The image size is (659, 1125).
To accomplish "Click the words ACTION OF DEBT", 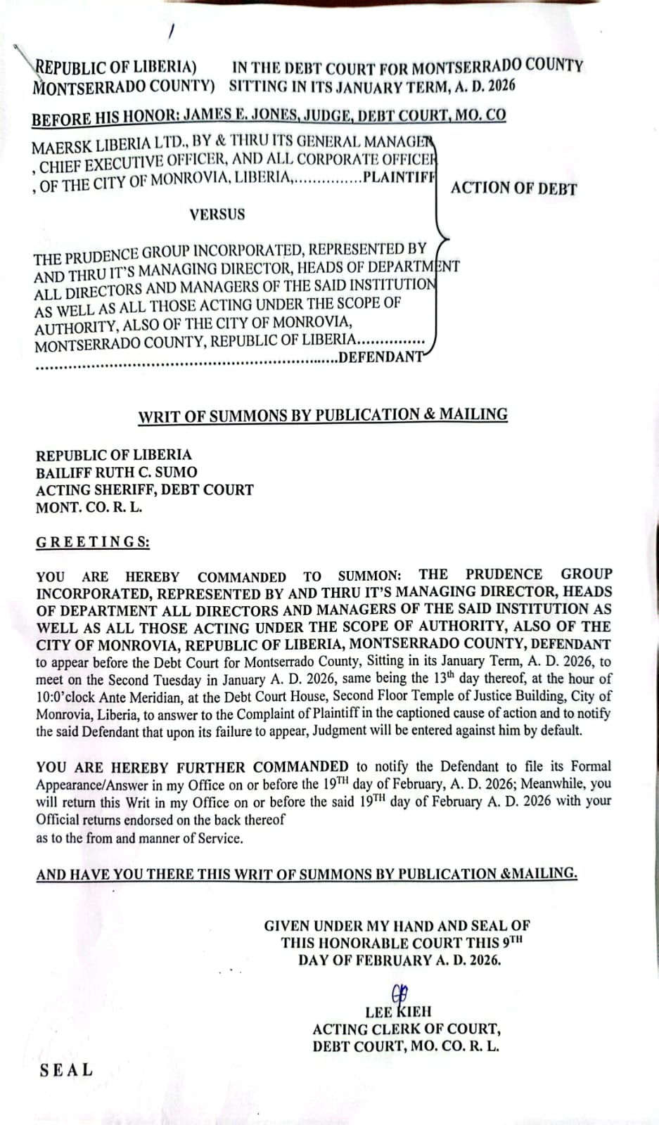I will coord(513,188).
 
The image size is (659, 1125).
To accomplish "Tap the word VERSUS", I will coord(217,214).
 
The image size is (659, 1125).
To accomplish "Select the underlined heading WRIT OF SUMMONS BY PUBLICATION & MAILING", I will coord(323,415).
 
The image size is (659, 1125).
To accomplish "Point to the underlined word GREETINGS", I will coord(92,542).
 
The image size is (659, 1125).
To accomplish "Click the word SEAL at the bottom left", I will coord(66,1070).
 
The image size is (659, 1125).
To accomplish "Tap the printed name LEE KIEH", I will coord(398,1012).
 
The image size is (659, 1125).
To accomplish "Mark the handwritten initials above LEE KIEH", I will coord(399,992).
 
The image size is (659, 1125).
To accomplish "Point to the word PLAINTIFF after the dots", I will coord(398,176).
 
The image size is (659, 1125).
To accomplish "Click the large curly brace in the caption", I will coord(440,225).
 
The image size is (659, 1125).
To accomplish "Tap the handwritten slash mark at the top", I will coord(171,32).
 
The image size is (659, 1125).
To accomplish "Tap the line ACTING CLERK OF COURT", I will coord(407,1029).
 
